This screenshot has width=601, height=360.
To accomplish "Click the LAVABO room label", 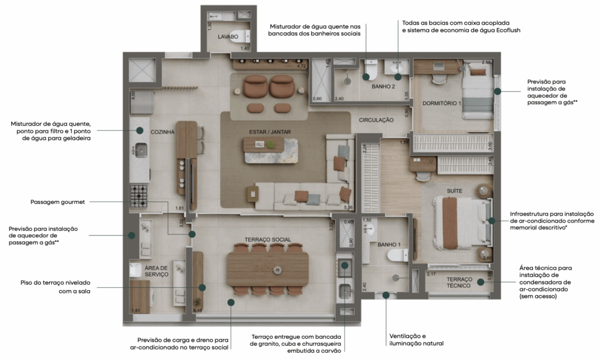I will tap(228, 36).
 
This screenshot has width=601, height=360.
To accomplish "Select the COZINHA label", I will tap(163, 132).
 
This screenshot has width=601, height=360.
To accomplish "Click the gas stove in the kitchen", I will tap(140, 196).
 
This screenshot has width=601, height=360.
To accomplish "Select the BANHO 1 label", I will tap(389, 244).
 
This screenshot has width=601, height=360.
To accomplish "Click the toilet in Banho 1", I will tap(400, 255).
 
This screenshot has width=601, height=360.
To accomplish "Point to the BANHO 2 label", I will tap(383, 86).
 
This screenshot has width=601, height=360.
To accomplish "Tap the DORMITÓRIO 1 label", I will tap(442, 103).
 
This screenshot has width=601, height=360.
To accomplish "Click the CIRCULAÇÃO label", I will tap(376, 120).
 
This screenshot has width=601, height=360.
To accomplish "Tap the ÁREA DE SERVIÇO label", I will tap(156, 271).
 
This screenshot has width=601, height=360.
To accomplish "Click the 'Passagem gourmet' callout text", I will tap(58, 202).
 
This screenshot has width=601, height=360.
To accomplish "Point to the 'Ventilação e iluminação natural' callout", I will tap(416, 339).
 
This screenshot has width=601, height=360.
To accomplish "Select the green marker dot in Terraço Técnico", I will tap(481, 282).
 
